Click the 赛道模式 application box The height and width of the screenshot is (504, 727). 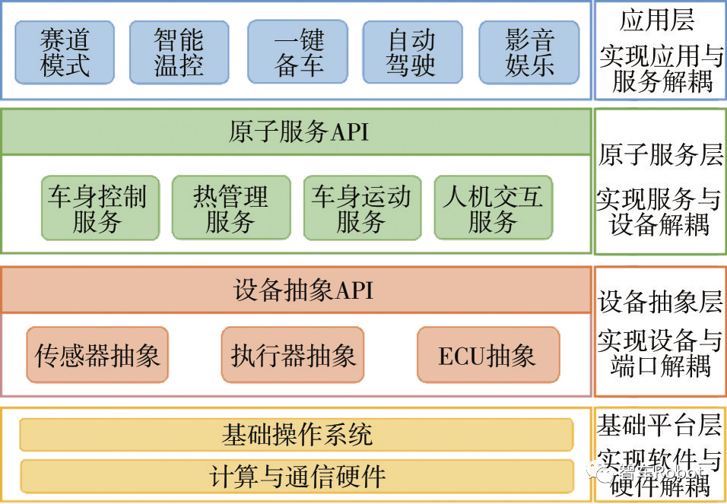65,52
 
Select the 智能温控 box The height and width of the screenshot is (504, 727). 179,52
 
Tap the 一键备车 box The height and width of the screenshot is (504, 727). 297,52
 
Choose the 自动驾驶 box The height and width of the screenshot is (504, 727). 411,52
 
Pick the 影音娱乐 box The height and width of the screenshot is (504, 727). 529,52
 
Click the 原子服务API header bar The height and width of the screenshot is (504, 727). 297,132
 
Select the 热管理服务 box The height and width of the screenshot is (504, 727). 230,208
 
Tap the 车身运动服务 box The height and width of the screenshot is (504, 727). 361,208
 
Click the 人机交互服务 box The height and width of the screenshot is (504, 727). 493,208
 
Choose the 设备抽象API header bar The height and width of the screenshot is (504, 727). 297,290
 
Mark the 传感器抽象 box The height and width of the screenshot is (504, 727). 97,355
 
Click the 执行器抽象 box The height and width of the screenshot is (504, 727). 293,355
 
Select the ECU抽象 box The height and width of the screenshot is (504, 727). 487,355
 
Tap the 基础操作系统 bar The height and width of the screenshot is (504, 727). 297,435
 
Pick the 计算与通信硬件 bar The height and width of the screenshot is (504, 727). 297,476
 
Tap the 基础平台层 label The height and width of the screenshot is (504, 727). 659,425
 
